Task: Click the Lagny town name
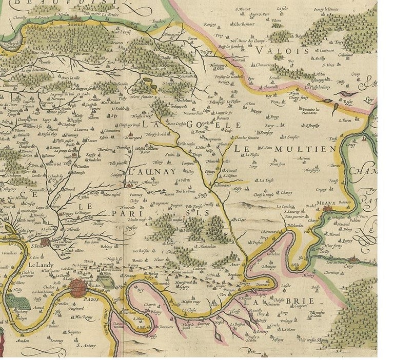[262, 294]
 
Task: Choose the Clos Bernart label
[245, 24]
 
